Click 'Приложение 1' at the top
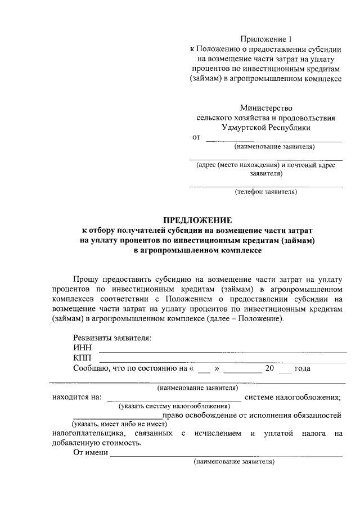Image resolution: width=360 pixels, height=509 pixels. (x=267, y=39)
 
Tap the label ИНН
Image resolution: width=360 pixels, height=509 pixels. (x=83, y=348)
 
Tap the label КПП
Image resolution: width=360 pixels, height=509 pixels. (x=83, y=358)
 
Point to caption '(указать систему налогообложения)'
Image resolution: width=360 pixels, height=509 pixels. (x=174, y=406)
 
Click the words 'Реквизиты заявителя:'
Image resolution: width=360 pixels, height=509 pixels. (x=112, y=338)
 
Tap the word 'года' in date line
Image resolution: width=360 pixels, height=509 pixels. (x=303, y=368)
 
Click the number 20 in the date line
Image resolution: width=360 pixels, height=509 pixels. (x=269, y=368)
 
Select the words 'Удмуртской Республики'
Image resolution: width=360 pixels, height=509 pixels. (x=266, y=128)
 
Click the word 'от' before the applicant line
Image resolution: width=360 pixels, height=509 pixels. (x=196, y=137)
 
